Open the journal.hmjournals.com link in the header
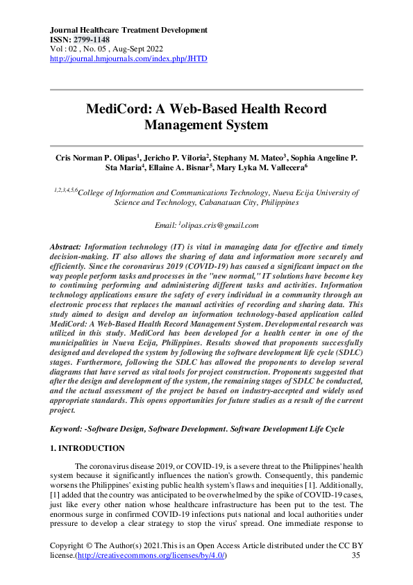pyautogui.click(x=128, y=59)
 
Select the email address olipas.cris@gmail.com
pyautogui.click(x=220, y=225)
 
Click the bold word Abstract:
pyautogui.click(x=66, y=247)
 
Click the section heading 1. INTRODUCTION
pyautogui.click(x=87, y=449)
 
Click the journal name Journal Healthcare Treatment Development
pyautogui.click(x=129, y=31)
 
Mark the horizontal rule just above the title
pyautogui.click(x=206, y=90)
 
